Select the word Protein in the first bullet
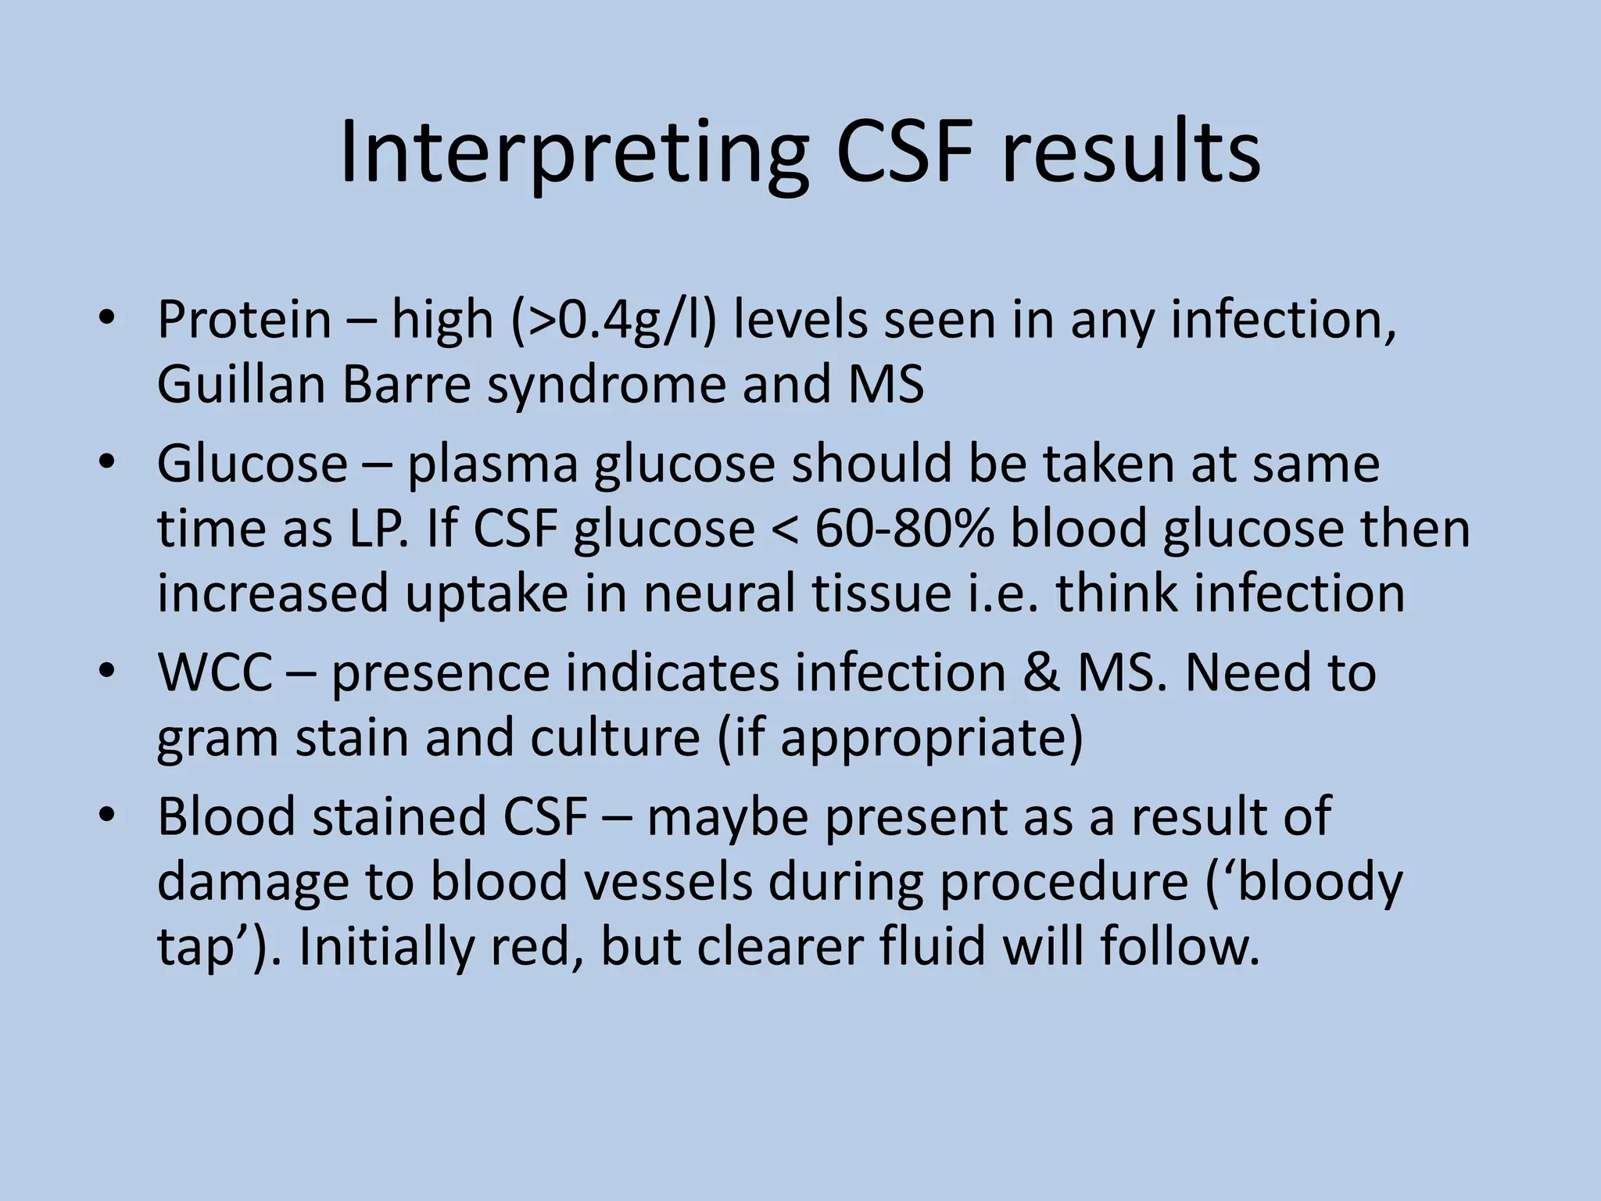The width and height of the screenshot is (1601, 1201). pos(245,321)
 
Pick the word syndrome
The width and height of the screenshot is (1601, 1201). pos(607,386)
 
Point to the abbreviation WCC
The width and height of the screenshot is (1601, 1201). pos(214,673)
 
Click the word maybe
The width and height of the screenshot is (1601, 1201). pos(728,817)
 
